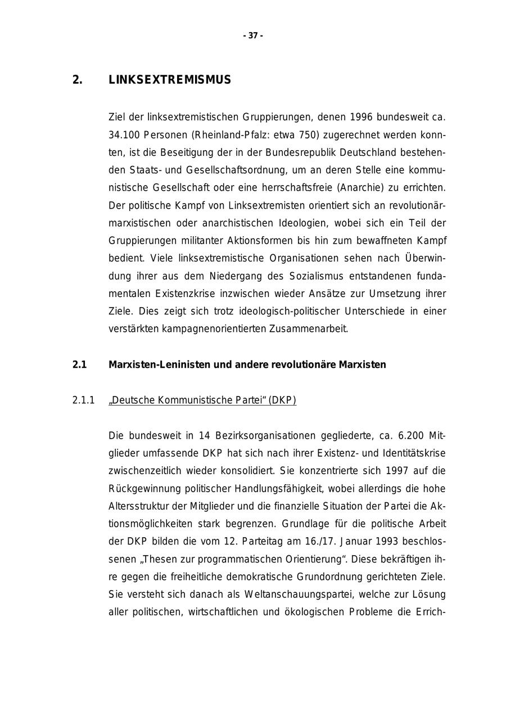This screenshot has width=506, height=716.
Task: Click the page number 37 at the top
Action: point(253,35)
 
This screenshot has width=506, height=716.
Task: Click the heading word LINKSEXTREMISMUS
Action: point(169,80)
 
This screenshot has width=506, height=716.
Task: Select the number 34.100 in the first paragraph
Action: point(124,135)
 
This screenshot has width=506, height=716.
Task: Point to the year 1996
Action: point(361,118)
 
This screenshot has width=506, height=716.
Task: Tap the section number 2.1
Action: point(79,364)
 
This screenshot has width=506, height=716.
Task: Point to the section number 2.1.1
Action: point(83,400)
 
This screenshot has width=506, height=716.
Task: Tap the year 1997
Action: point(399,470)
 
